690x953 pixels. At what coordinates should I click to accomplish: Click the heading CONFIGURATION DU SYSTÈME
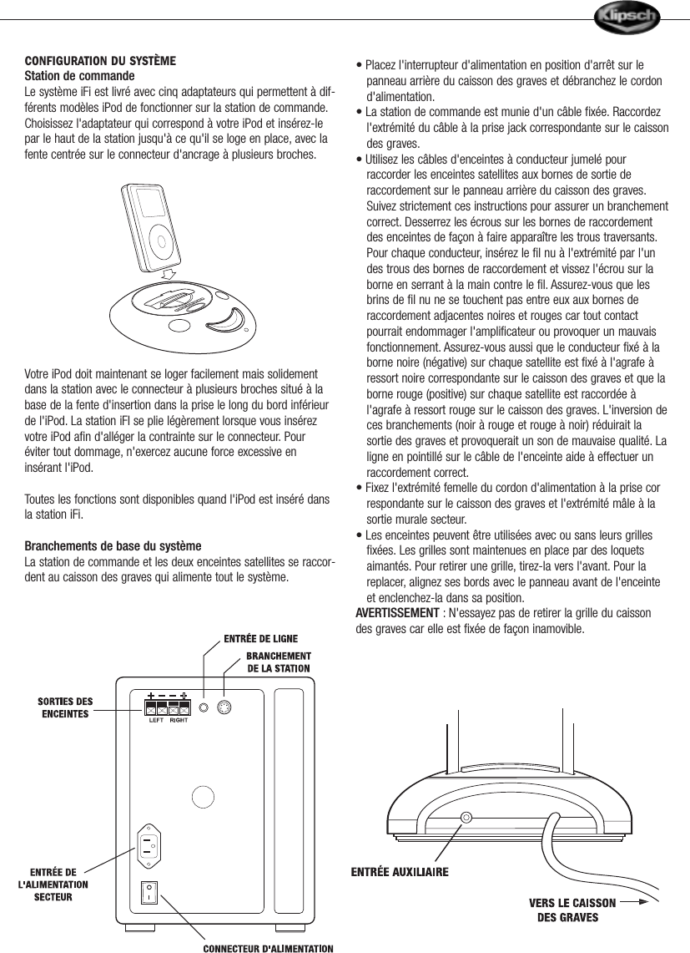coord(101,61)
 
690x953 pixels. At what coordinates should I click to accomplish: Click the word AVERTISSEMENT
coord(397,614)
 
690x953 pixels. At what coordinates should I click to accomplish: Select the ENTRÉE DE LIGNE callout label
coord(260,639)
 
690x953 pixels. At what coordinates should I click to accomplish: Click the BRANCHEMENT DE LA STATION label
coord(278,662)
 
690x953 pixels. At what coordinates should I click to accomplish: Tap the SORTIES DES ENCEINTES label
coord(65,707)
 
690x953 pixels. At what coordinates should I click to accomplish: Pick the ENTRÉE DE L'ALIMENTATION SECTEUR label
coord(53,885)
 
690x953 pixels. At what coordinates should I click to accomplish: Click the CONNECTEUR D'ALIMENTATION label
coord(269,947)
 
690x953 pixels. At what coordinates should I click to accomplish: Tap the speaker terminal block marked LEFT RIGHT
coord(168,707)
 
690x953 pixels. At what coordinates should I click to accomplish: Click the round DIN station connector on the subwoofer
coord(224,708)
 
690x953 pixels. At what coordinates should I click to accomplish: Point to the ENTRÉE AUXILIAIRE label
coord(399,872)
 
